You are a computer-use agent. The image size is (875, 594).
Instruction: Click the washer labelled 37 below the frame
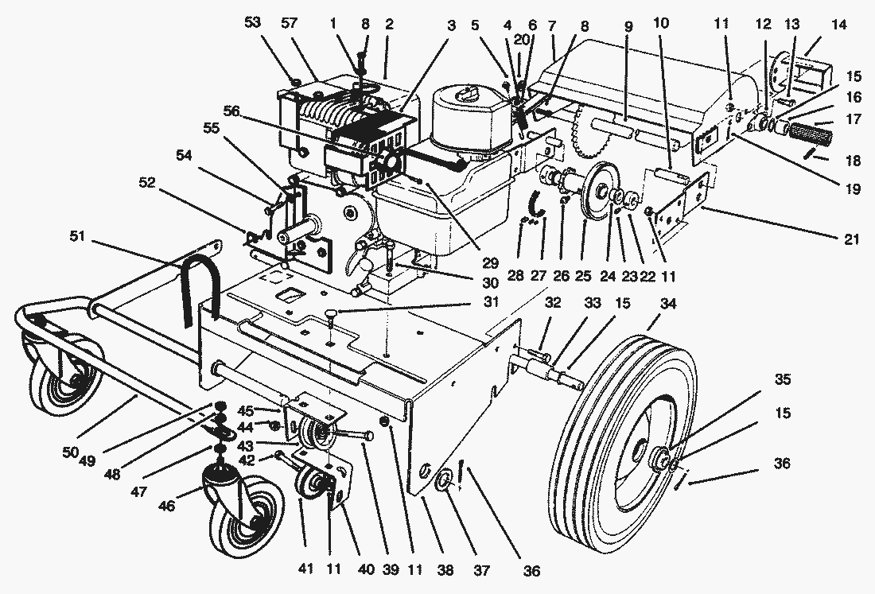[445, 480]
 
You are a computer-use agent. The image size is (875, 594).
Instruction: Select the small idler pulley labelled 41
[308, 483]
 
